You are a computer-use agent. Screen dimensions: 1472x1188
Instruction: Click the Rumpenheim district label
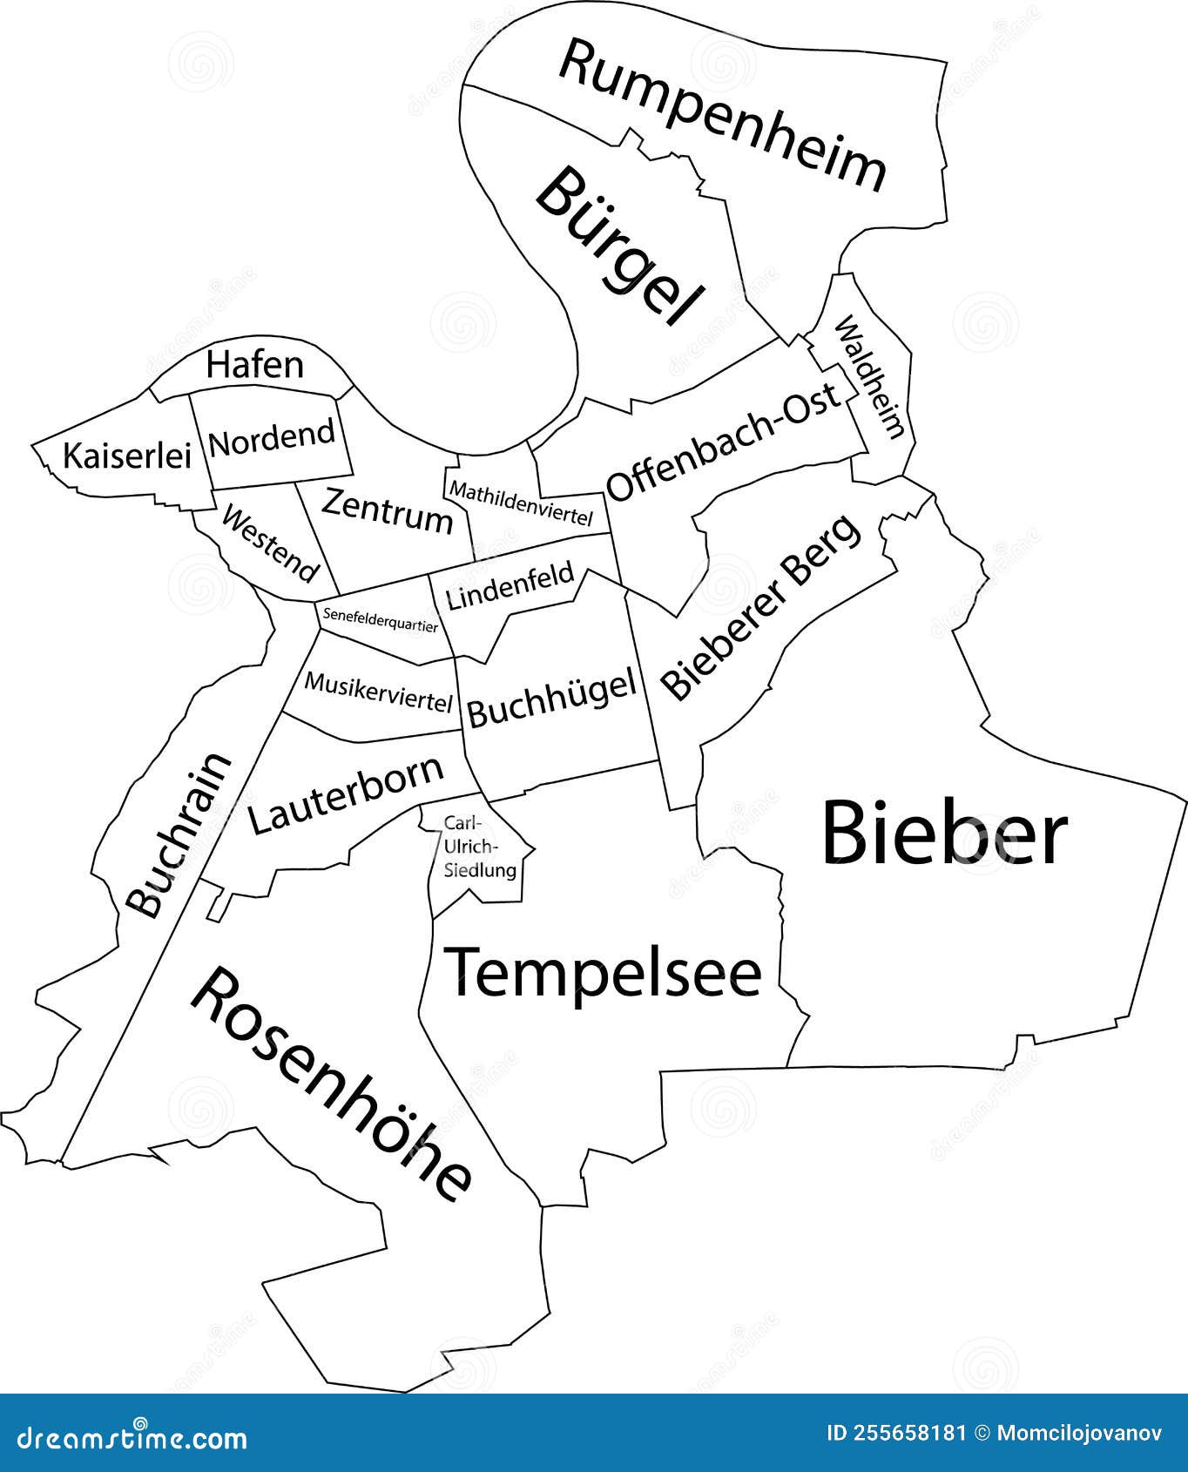722,113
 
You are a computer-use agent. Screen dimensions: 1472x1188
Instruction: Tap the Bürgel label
619,246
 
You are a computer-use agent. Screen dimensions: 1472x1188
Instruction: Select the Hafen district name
255,365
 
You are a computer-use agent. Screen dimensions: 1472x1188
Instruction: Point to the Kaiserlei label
126,455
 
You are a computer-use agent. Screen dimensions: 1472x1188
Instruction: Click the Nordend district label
272,438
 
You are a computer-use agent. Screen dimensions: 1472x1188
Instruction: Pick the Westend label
270,544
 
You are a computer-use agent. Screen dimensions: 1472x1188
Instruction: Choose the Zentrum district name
388,511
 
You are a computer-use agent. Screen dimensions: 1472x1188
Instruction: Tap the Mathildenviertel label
520,503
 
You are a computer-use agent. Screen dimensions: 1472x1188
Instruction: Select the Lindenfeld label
510,584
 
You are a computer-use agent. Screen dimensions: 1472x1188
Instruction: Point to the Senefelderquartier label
380,619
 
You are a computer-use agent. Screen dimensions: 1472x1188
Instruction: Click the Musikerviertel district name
379,692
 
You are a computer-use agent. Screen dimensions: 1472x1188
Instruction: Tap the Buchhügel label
551,699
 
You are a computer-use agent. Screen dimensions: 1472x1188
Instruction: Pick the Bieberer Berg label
760,607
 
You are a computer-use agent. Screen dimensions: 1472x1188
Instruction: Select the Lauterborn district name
346,795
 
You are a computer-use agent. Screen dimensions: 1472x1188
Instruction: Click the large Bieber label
944,834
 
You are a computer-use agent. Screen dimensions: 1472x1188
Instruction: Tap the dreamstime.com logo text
124,1437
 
